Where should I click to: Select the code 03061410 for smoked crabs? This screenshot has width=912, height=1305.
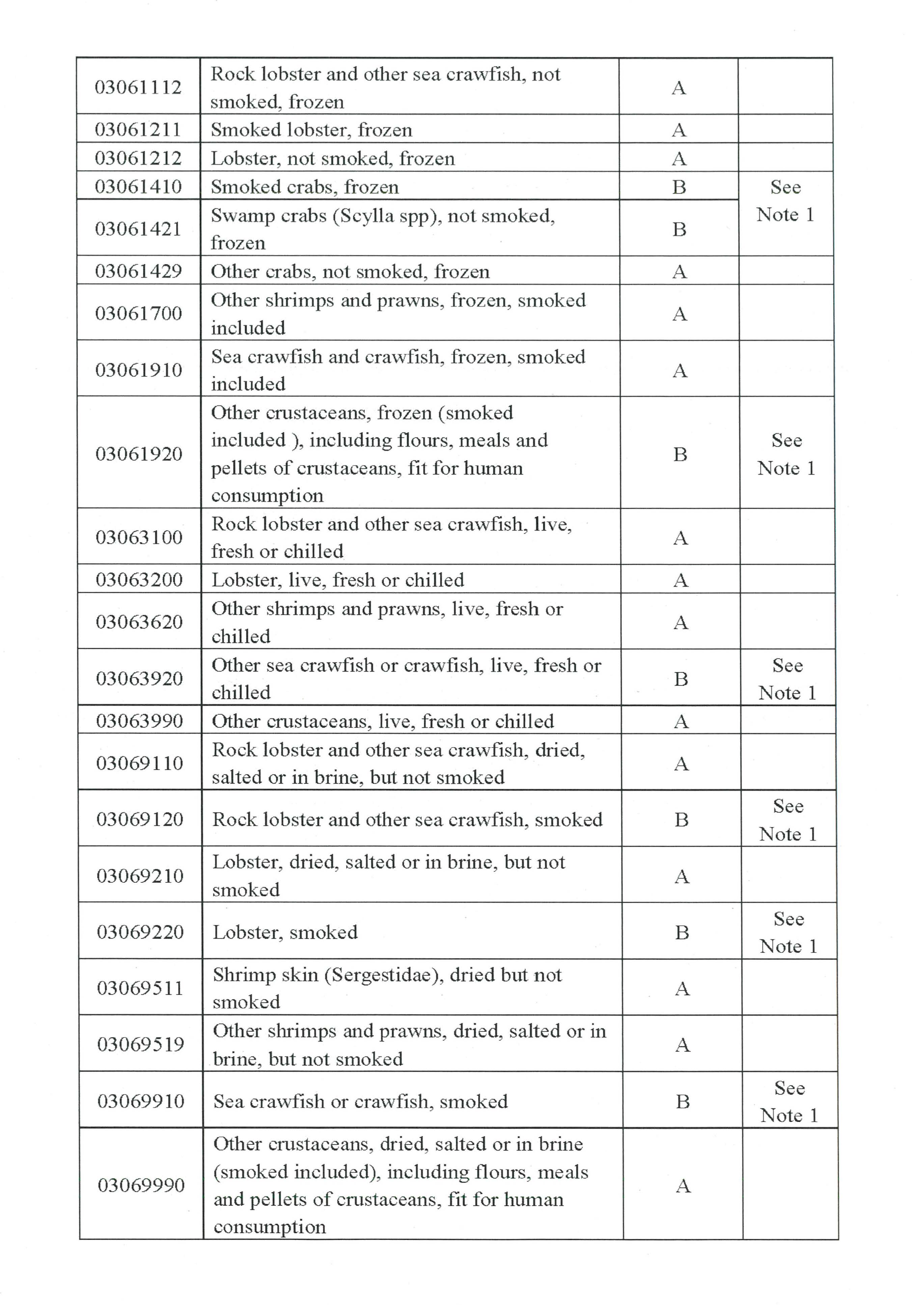[x=138, y=187]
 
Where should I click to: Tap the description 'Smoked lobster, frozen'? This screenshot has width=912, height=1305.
[x=311, y=130]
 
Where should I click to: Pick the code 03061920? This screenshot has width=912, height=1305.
[x=139, y=454]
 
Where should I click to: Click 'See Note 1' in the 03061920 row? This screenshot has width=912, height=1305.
[x=786, y=454]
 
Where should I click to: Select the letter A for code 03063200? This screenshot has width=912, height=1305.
[x=681, y=580]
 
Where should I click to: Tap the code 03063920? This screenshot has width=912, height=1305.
[x=139, y=678]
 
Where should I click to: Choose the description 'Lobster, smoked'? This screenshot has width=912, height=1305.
[x=285, y=932]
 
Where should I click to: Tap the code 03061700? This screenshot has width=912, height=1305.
[x=139, y=313]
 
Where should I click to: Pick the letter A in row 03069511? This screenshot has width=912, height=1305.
[x=682, y=989]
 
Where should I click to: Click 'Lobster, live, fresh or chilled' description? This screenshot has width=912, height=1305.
[x=338, y=580]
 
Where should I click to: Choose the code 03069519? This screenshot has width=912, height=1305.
[x=140, y=1044]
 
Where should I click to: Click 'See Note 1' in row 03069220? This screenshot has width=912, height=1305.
[x=789, y=932]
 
